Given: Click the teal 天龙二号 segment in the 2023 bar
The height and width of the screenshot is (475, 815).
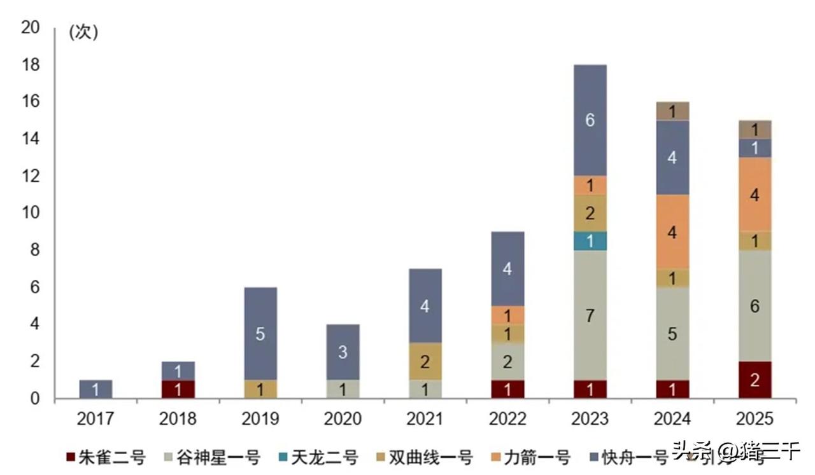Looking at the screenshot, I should (x=590, y=241).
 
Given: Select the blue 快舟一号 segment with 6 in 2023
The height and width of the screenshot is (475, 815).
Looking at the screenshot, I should (x=590, y=120).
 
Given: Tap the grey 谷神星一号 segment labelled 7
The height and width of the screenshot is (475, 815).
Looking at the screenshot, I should (x=590, y=315).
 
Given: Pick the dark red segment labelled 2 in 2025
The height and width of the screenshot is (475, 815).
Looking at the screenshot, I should (x=755, y=380).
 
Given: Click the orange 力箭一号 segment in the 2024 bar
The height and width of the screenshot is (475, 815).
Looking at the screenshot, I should (x=672, y=232).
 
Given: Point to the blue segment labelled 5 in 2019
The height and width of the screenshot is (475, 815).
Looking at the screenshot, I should (x=260, y=334).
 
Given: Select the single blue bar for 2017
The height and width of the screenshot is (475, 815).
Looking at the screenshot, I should (x=96, y=389).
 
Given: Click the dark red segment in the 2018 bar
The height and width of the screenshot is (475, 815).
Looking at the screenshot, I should (x=178, y=389).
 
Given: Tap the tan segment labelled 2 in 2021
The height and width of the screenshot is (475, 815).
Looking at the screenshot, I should (x=425, y=362).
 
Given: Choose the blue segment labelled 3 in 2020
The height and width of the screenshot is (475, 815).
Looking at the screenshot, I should (x=343, y=352).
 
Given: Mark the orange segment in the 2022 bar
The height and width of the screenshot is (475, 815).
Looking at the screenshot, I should (x=507, y=315).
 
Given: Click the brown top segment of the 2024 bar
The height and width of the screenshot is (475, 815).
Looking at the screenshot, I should (x=672, y=111).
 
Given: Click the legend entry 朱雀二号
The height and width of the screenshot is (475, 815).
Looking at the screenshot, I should (x=106, y=457).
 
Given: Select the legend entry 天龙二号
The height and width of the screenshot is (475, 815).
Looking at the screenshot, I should (x=318, y=457).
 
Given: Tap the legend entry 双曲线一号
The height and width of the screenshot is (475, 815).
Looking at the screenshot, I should (x=423, y=457).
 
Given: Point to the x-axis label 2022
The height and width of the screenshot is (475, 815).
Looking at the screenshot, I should (x=507, y=419).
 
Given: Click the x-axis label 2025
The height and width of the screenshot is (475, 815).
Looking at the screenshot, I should (x=755, y=419).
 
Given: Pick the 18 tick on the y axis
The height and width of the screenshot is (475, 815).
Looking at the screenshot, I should (x=31, y=65).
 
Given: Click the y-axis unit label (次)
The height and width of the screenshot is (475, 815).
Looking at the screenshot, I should (x=83, y=33).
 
